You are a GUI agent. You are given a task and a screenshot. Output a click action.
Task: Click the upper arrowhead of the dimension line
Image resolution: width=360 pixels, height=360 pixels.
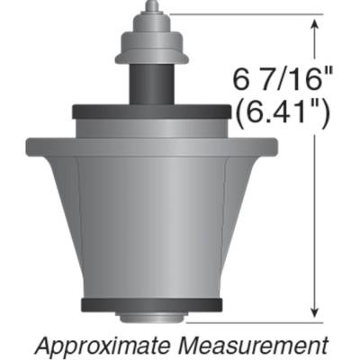tap(313, 22)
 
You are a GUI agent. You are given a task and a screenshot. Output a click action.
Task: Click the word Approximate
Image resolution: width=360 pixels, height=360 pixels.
tap(99, 345)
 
